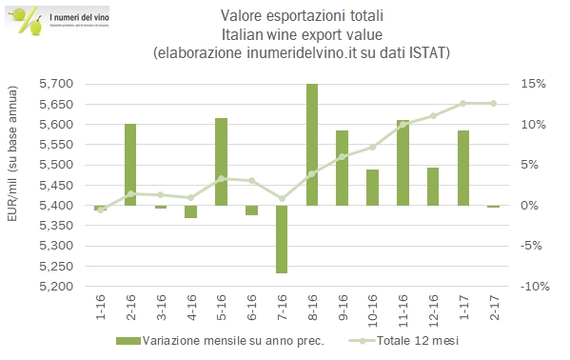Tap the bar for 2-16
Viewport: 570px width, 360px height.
point(130,165)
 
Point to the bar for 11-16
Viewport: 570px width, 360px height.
point(403,163)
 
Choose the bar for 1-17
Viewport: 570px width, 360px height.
point(462,168)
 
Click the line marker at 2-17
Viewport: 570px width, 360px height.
point(493,103)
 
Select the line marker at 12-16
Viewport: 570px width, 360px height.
point(433,116)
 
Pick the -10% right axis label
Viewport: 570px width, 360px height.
point(532,287)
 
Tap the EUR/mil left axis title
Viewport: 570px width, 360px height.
point(14,185)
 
